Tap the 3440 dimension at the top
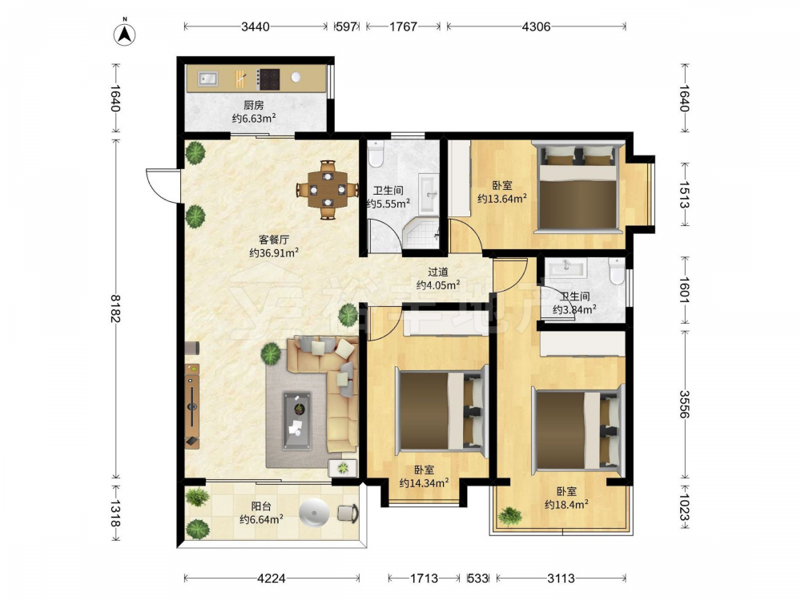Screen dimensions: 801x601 (x=255, y=26)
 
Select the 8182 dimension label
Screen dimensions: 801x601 (x=115, y=309)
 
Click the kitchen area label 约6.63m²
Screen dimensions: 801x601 (x=254, y=119)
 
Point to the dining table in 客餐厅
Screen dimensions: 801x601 (x=328, y=190)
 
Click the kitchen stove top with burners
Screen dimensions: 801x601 (x=268, y=79)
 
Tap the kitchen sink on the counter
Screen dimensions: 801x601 (x=207, y=79)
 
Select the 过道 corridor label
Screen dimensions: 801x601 (x=438, y=272)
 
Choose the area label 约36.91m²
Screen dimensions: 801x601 (x=274, y=252)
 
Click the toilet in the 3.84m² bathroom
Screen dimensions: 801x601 (x=617, y=272)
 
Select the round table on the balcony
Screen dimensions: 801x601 (x=314, y=513)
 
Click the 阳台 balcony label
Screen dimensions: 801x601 (x=261, y=506)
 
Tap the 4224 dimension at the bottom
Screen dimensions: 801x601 (x=272, y=579)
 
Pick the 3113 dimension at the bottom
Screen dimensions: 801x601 (x=561, y=579)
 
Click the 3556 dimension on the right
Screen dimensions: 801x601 (x=685, y=404)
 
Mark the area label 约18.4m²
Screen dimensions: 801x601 (x=566, y=505)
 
